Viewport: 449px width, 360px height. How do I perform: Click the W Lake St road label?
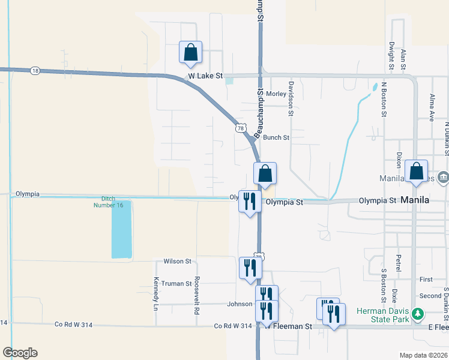(x=205, y=77)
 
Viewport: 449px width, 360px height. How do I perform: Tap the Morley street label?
(x=276, y=94)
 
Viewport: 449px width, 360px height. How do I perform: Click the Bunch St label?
(x=276, y=137)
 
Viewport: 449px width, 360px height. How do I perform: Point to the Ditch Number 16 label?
(x=108, y=202)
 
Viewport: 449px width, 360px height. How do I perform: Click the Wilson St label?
(x=177, y=262)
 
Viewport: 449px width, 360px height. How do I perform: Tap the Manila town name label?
(x=415, y=200)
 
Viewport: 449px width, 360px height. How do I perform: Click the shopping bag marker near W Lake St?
(x=190, y=52)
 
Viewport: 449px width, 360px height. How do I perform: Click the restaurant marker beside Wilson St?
(x=250, y=268)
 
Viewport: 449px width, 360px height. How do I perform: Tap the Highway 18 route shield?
(x=35, y=71)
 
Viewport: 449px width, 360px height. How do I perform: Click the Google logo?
(x=20, y=353)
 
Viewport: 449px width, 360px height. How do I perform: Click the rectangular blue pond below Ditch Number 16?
(x=121, y=229)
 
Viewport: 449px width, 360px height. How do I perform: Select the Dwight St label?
(x=391, y=53)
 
